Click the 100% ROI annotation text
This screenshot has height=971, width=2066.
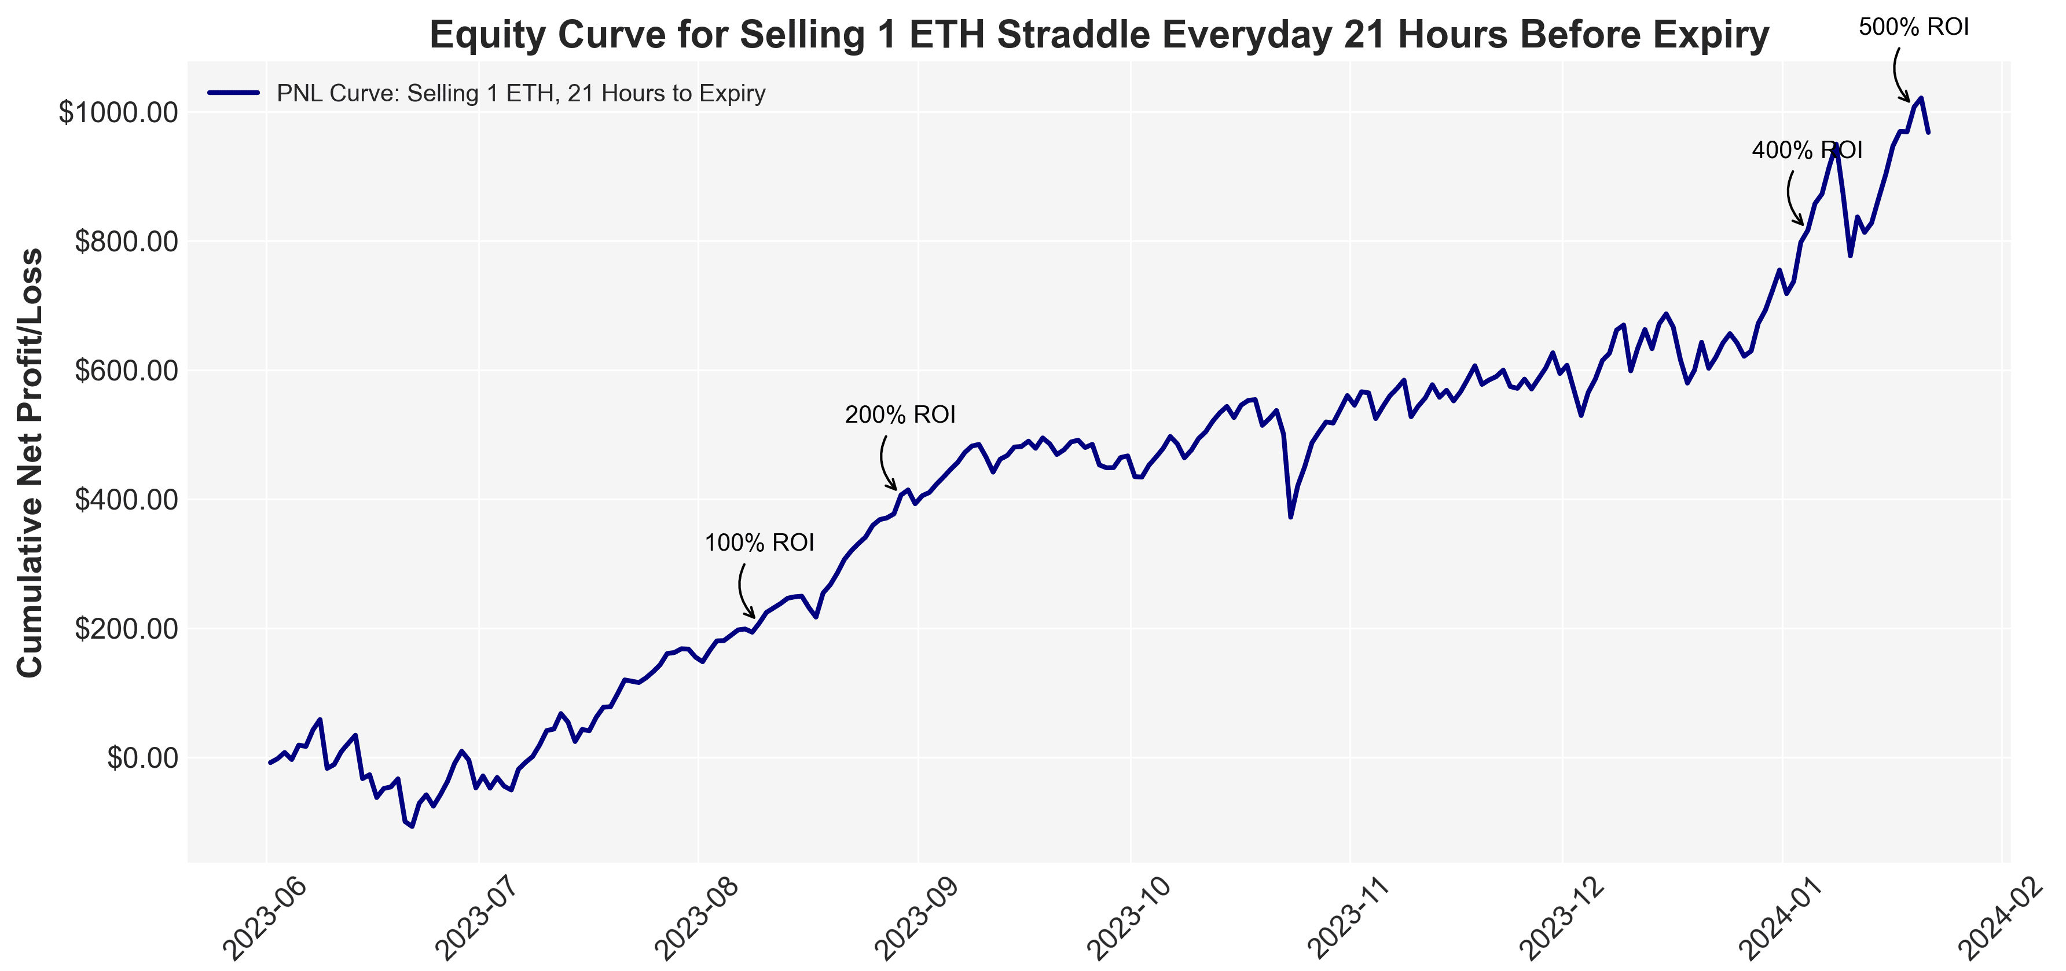(759, 543)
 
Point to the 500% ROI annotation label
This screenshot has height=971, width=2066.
(1914, 27)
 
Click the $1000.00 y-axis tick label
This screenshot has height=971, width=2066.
(117, 112)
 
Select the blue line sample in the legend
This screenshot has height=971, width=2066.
(233, 93)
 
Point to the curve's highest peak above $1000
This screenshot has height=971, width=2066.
(1921, 98)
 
